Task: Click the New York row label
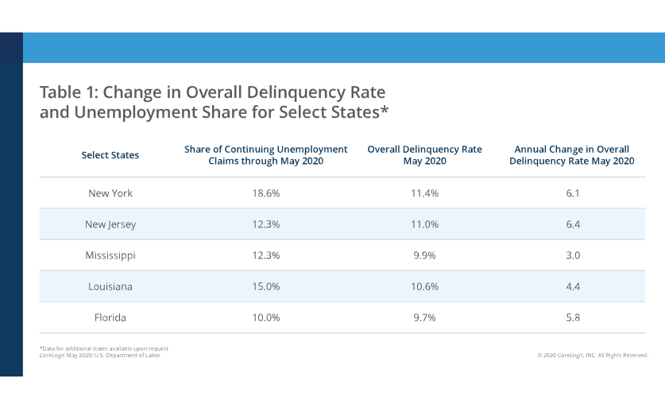click(x=110, y=193)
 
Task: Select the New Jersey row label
click(x=110, y=224)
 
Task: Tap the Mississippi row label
click(x=110, y=255)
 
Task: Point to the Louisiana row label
click(x=110, y=286)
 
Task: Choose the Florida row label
click(x=110, y=317)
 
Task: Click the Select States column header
click(x=110, y=155)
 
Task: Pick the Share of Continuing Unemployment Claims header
click(x=266, y=154)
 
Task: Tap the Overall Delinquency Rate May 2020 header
click(x=425, y=154)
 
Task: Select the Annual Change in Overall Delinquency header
click(x=572, y=154)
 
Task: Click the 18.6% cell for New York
click(x=266, y=193)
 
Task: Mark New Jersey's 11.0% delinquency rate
click(x=425, y=224)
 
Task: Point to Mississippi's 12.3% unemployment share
click(x=266, y=255)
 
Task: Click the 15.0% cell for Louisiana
click(x=266, y=286)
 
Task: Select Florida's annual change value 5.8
click(x=572, y=317)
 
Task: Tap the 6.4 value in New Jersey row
click(x=572, y=224)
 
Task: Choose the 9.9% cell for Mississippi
click(x=425, y=255)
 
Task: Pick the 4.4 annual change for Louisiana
click(x=572, y=286)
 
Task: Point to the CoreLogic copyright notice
click(x=592, y=355)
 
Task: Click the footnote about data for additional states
click(x=103, y=349)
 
